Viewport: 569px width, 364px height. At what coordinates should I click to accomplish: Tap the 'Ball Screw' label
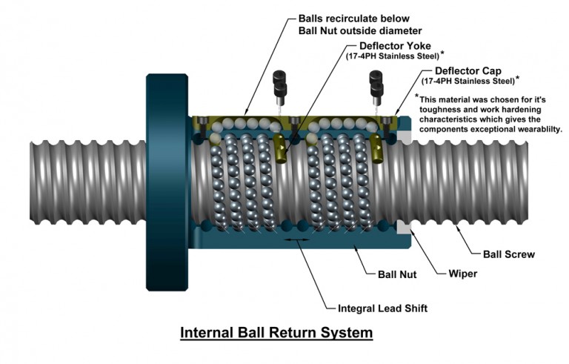click(x=509, y=254)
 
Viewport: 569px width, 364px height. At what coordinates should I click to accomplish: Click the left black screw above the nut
click(x=280, y=83)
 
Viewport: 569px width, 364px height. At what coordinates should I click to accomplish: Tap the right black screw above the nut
click(x=376, y=83)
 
